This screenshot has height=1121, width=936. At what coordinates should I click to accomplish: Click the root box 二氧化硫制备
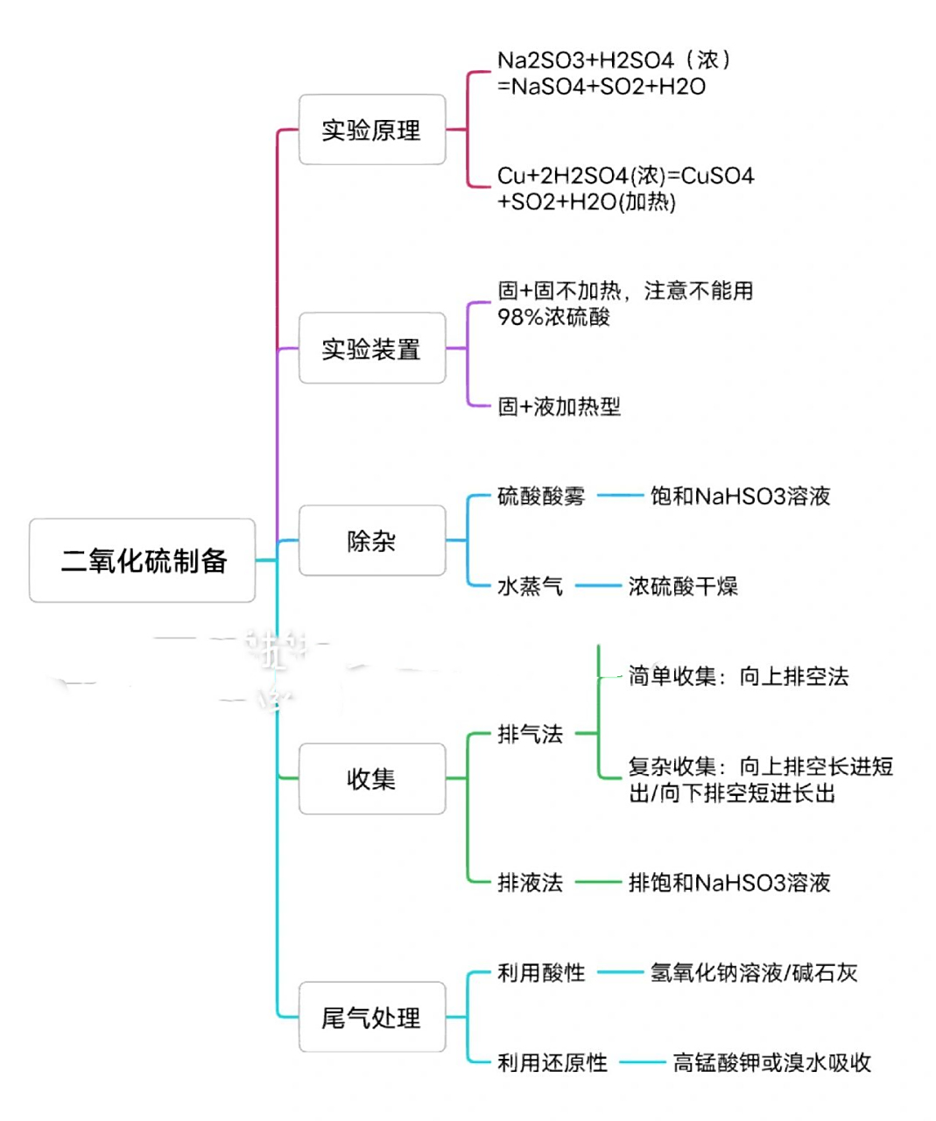(143, 560)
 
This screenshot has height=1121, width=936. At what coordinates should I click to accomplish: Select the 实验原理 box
(371, 130)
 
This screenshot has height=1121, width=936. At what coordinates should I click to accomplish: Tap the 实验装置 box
(371, 349)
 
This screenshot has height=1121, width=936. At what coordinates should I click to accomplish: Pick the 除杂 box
(371, 540)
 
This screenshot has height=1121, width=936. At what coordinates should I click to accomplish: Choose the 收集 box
(371, 779)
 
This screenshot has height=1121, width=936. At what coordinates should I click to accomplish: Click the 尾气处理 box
(371, 1017)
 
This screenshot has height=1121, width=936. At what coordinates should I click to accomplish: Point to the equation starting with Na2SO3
(613, 73)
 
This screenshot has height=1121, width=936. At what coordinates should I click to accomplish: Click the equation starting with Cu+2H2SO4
(624, 188)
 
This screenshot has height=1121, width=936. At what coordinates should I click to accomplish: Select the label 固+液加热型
(559, 406)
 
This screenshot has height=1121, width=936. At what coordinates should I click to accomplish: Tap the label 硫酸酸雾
(540, 497)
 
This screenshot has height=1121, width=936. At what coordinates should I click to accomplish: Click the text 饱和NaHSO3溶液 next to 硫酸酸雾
(740, 497)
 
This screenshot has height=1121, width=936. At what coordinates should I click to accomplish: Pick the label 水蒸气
(530, 586)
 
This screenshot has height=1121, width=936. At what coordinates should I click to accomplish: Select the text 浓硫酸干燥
(683, 586)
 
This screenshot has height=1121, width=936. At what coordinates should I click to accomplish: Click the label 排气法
(530, 734)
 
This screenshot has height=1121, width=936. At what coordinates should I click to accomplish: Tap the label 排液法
(530, 883)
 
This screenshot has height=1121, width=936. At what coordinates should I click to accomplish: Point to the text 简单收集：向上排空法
(738, 676)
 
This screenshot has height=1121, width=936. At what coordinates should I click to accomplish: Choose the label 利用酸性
(540, 973)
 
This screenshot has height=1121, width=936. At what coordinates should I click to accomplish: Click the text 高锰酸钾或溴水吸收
(771, 1063)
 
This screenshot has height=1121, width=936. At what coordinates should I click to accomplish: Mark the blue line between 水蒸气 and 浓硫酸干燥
(597, 586)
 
